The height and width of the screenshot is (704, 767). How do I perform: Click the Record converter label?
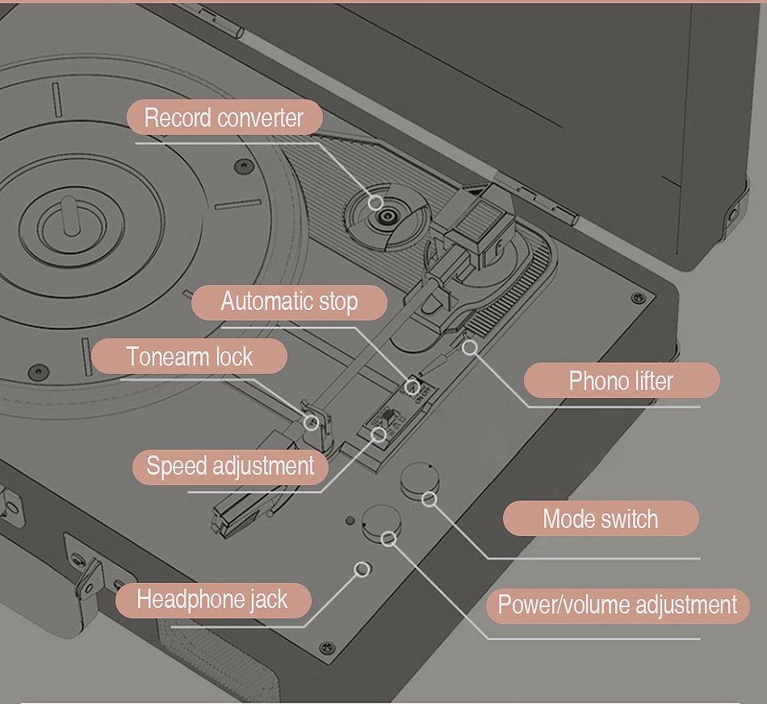click(224, 118)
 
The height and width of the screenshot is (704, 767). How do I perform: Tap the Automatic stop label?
click(289, 303)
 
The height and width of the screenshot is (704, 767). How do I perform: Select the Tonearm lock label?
click(189, 356)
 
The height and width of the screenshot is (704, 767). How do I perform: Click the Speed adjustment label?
click(230, 467)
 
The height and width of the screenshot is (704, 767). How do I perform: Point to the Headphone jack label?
click(212, 599)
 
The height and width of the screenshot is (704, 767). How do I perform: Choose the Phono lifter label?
click(621, 380)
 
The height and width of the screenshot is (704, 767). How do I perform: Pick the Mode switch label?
click(600, 518)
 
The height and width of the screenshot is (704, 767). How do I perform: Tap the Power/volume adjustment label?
click(618, 605)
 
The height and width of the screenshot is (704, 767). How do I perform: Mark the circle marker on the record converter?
click(375, 202)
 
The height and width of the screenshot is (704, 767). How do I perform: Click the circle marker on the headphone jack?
click(363, 569)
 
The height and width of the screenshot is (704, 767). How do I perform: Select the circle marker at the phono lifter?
click(469, 347)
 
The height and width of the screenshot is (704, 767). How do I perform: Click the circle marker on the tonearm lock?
click(311, 421)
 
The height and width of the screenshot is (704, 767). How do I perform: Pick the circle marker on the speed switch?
click(378, 434)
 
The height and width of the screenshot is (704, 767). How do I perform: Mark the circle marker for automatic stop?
click(413, 388)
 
